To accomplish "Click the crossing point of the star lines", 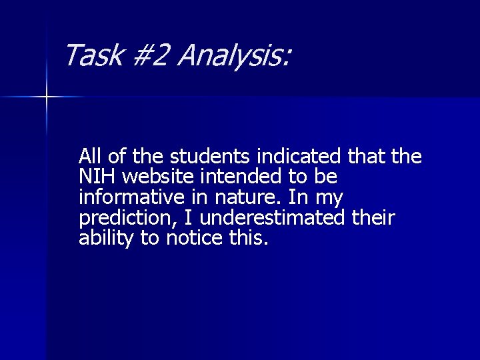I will pos(47,97).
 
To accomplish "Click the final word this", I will pos(248,239).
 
